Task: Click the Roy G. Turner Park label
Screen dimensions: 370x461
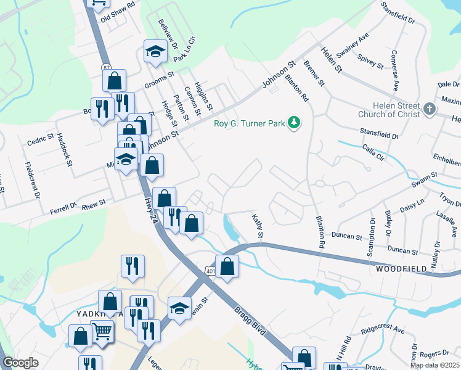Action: (x=249, y=123)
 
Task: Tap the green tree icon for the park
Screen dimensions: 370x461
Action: (x=295, y=123)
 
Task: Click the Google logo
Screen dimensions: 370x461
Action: (x=20, y=363)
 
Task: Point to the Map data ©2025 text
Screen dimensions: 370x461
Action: (x=434, y=365)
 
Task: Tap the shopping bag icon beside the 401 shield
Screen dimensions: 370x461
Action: (x=227, y=266)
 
